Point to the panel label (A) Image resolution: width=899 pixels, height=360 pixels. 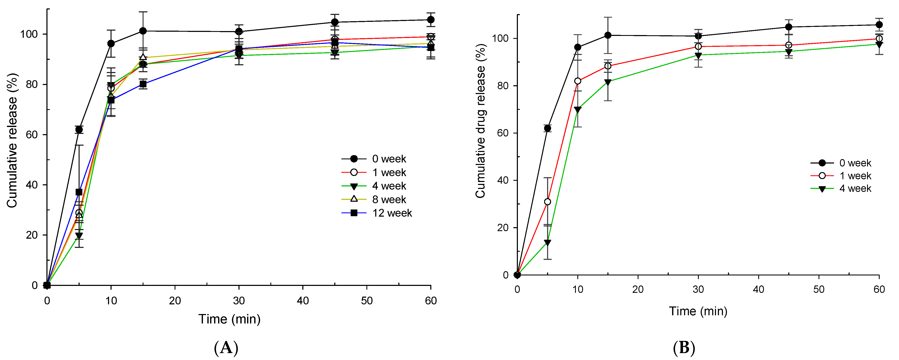point(226,348)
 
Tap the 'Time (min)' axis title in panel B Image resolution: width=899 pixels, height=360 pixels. point(698,311)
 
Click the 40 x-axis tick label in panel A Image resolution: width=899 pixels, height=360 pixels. point(303,300)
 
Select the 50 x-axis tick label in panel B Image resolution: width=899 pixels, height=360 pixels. point(819,289)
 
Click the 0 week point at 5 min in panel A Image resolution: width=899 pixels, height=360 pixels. point(79,130)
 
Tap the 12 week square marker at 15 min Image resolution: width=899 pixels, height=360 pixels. point(143,84)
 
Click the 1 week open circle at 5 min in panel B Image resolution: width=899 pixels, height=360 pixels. point(548,202)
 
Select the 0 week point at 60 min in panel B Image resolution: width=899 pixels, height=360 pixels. point(879,25)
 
